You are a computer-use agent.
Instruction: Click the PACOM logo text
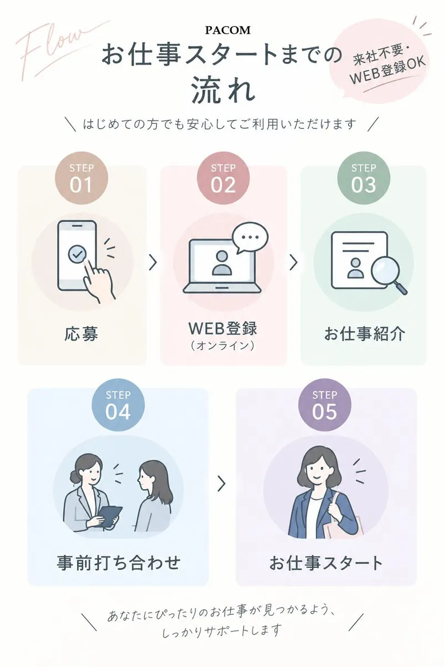coord(228,30)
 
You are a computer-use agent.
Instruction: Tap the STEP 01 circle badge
coord(81,178)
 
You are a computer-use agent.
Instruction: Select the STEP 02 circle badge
coord(223,178)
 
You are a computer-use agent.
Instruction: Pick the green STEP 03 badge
coord(364,178)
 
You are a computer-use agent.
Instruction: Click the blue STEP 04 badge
coord(118,405)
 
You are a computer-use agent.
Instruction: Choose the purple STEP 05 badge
coord(325,405)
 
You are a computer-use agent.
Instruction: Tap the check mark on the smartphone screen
coord(77,254)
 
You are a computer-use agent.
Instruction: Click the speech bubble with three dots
coord(250,237)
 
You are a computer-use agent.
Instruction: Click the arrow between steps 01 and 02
coord(153,262)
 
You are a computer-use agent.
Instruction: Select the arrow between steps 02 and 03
coord(294,262)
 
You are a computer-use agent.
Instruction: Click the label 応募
coord(81,334)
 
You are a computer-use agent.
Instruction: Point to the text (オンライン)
coord(223,345)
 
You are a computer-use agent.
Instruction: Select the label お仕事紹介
coord(364,334)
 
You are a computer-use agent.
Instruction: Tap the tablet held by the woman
coord(109,516)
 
